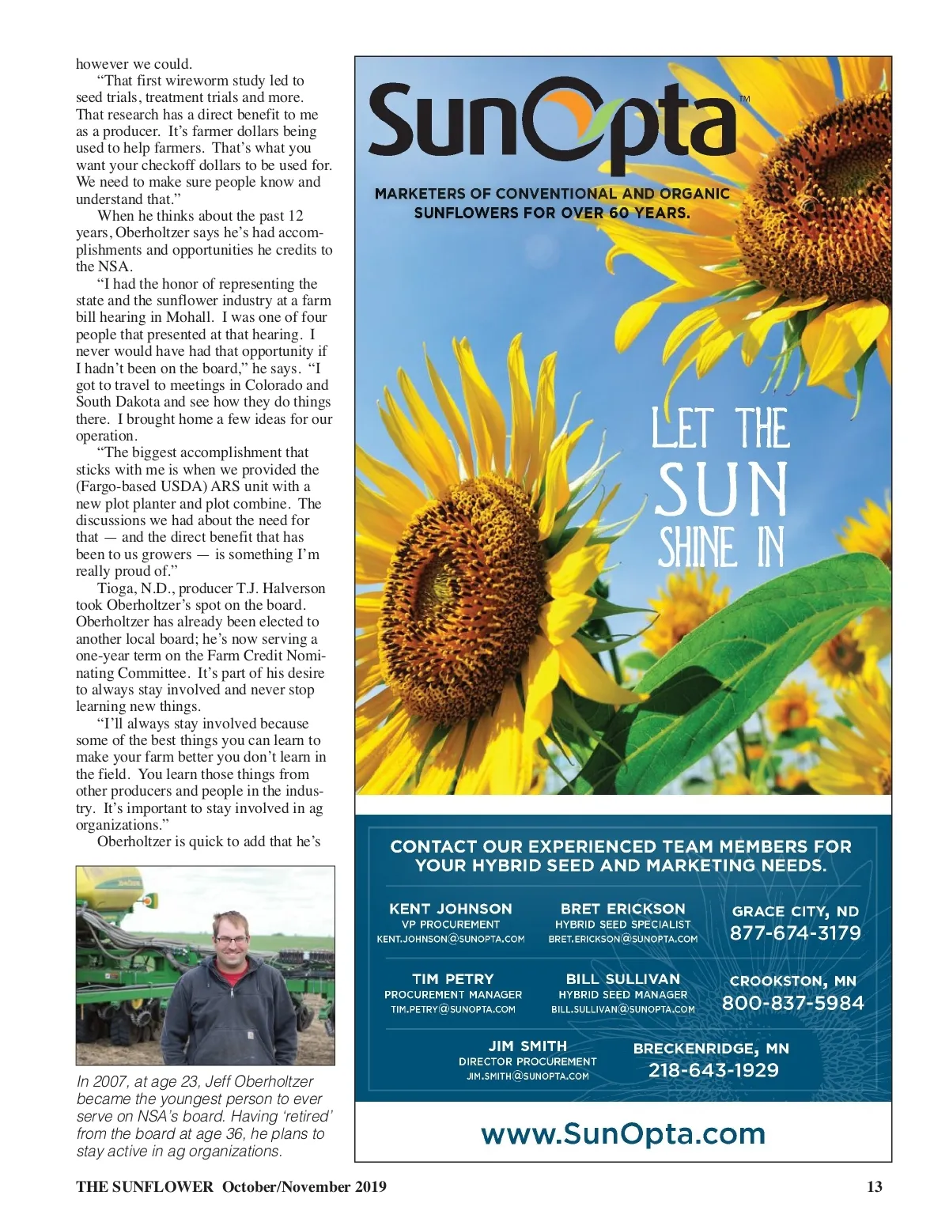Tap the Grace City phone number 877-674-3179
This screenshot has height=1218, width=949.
[795, 933]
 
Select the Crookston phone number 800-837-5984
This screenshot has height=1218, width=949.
[792, 1004]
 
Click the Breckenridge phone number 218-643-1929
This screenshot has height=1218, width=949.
[713, 1071]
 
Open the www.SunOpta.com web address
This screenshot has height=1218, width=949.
[623, 1134]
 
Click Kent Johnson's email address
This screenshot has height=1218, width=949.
[451, 940]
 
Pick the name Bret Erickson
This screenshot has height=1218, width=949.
[623, 909]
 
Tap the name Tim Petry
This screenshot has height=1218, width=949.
[452, 979]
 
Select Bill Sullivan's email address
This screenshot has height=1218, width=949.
[623, 1010]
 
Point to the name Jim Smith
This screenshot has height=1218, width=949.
[527, 1046]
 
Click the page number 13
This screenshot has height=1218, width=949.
[875, 1186]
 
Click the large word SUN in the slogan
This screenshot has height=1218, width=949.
[722, 490]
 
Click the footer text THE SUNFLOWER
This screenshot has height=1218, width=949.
[145, 1186]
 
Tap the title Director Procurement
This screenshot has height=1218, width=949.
[527, 1061]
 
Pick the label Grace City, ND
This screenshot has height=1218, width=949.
[795, 911]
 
